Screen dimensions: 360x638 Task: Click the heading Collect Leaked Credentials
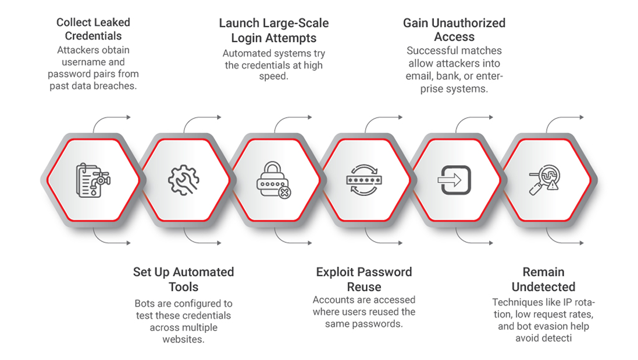[x=93, y=29]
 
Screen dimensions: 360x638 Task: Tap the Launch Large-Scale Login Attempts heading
[x=273, y=31]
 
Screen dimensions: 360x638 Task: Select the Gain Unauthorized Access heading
[x=454, y=30]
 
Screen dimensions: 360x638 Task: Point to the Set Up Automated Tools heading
[x=183, y=279]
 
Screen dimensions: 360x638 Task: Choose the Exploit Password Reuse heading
[x=363, y=279]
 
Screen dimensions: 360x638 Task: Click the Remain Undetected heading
[x=543, y=279]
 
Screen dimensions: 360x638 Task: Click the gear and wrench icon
[x=183, y=180]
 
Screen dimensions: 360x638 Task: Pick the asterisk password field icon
[x=363, y=180]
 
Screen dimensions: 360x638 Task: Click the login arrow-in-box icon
[x=454, y=180]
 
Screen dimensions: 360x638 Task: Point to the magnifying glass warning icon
[x=543, y=180]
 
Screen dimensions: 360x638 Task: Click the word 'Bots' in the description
[x=145, y=304]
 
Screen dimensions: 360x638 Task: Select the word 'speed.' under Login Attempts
[x=273, y=76]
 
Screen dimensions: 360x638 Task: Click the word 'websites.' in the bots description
[x=183, y=339]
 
